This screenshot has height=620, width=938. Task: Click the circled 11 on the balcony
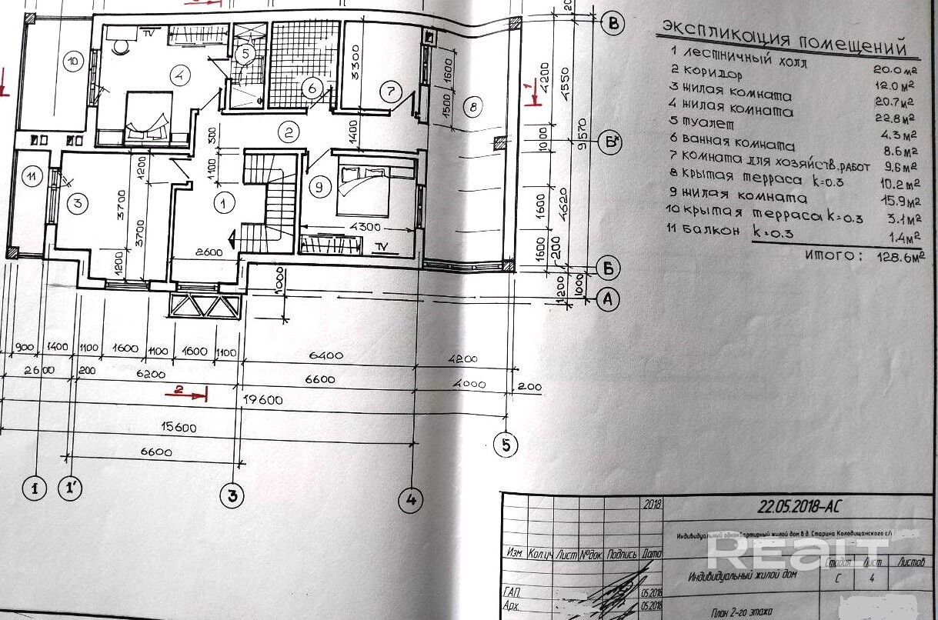(31, 177)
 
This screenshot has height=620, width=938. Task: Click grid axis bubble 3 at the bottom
(232, 495)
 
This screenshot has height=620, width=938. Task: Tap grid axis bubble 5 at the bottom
(506, 444)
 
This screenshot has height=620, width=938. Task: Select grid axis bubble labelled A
(609, 299)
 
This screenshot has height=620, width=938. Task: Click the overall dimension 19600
(264, 399)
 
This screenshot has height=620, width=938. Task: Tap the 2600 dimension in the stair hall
(209, 252)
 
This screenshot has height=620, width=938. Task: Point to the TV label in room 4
(148, 32)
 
